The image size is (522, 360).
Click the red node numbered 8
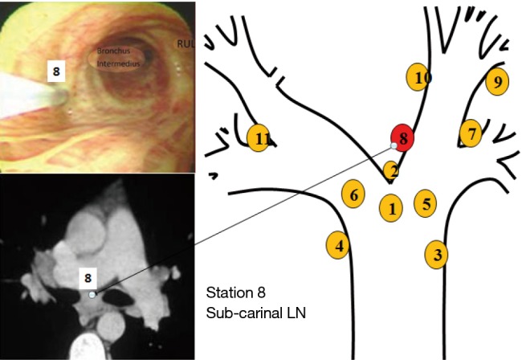coord(403,138)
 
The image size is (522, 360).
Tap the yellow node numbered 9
coord(498,82)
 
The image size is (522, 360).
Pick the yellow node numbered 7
coord(471,131)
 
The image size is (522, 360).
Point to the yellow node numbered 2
coord(391,170)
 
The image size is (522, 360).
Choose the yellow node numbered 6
coord(353,194)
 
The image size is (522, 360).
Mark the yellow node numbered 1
coord(391,208)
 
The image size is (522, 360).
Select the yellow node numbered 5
coord(426,203)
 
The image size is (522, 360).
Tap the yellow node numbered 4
coord(340,245)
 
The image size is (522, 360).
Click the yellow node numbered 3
coord(436,255)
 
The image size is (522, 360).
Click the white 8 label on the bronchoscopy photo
coord(55,72)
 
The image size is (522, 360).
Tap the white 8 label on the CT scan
coord(89,278)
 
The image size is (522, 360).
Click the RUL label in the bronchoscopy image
coord(186,37)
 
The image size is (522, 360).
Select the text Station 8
coord(235,291)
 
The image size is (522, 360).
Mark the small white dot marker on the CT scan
coord(92,295)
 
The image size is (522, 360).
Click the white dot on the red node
coord(394,145)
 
